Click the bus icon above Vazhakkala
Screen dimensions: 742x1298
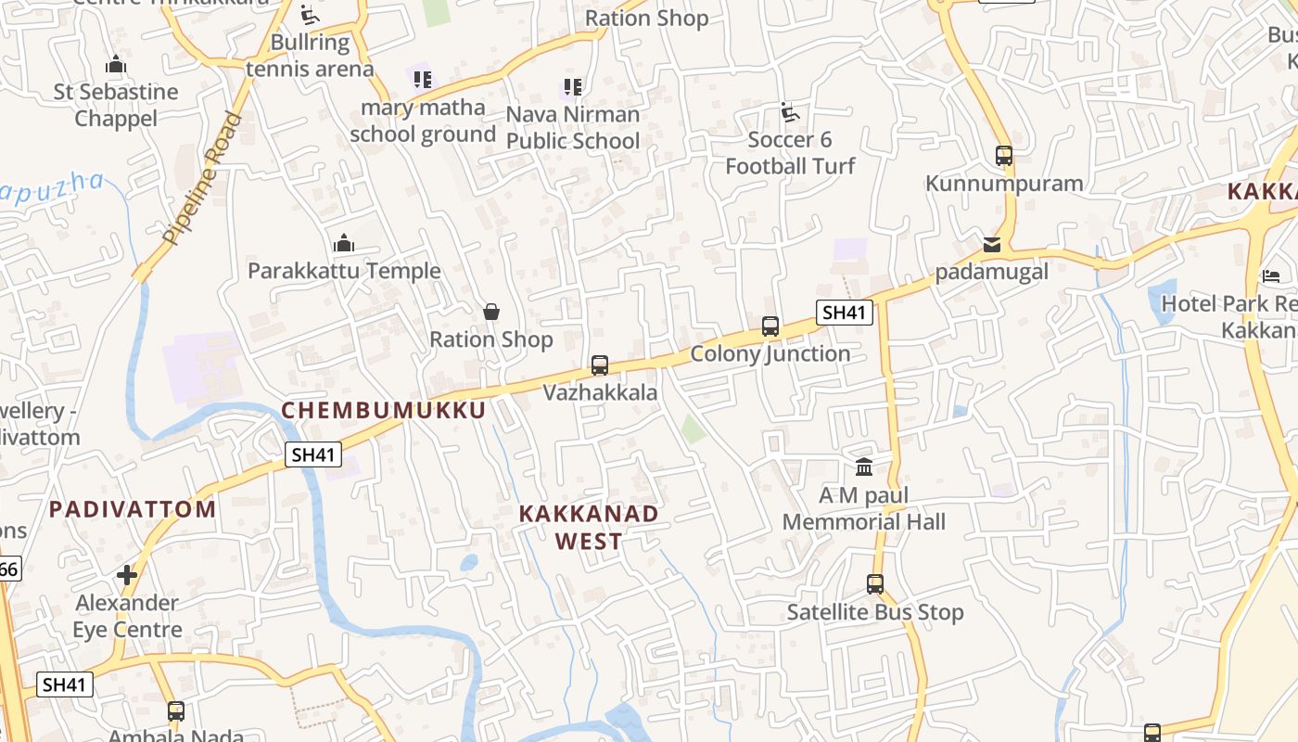click(x=600, y=365)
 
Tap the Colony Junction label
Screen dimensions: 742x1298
click(x=770, y=353)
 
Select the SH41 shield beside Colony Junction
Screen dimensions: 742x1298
click(x=844, y=313)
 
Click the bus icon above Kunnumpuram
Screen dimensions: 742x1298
click(x=1003, y=155)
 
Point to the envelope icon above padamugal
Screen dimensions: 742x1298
click(x=992, y=245)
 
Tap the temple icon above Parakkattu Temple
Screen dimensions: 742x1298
click(x=344, y=244)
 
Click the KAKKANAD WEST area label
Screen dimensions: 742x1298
click(x=589, y=527)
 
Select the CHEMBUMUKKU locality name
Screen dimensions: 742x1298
click(x=384, y=410)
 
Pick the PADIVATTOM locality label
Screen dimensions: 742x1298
click(x=133, y=508)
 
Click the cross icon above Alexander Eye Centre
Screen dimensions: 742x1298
click(x=127, y=575)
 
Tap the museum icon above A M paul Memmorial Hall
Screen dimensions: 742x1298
click(x=864, y=467)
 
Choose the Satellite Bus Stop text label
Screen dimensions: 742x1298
click(x=875, y=612)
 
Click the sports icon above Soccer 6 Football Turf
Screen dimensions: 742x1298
click(x=790, y=113)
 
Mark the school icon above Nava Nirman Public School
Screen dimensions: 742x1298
click(x=573, y=87)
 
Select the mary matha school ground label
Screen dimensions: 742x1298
click(x=423, y=121)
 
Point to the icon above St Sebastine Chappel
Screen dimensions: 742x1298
click(x=116, y=65)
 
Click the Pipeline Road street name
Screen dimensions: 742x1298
click(x=202, y=178)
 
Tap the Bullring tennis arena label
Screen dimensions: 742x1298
click(x=310, y=56)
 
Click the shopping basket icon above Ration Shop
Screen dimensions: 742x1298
click(x=491, y=313)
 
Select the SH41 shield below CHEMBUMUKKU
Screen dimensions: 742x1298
click(x=313, y=454)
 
